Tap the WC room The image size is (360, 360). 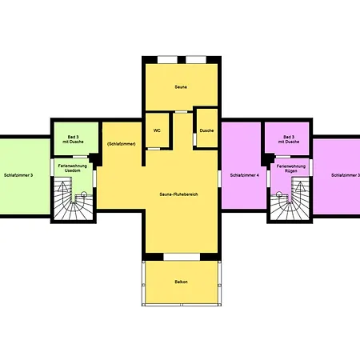(x=154, y=130)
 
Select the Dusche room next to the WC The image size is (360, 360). (x=206, y=130)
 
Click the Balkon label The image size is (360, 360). (x=181, y=282)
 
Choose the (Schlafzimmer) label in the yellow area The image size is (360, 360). (x=120, y=144)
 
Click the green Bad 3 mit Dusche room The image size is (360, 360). (x=75, y=139)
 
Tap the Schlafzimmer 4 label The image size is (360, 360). (x=244, y=174)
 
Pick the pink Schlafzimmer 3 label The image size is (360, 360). (x=346, y=174)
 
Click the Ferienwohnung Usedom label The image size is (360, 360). (x=74, y=168)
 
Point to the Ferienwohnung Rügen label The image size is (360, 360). (x=290, y=168)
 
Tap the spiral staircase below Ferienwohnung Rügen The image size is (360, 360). (x=289, y=202)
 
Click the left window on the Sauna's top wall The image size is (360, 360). (x=168, y=59)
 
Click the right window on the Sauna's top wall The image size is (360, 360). (x=195, y=59)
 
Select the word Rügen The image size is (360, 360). (x=290, y=171)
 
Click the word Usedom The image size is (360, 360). (x=74, y=171)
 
